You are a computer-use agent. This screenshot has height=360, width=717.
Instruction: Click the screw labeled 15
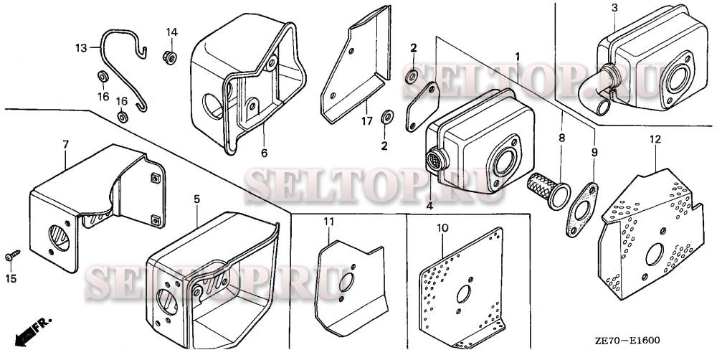coord(13,256)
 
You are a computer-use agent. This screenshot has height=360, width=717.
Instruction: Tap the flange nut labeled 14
coord(170,57)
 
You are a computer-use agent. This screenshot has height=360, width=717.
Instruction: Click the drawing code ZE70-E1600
coord(627,341)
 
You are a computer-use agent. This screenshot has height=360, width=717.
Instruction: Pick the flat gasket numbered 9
coord(581,210)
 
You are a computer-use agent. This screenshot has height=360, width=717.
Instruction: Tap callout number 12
coord(655,140)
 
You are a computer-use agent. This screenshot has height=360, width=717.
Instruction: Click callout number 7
coord(65,145)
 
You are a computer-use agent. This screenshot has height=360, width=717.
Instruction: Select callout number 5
coord(196,199)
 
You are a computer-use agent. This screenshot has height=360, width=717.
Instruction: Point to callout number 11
coord(329,222)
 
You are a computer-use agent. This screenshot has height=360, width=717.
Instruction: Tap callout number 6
coord(264,153)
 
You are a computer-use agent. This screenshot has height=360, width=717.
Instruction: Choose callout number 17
coord(367,122)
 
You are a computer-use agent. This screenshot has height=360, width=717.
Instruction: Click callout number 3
coord(614,8)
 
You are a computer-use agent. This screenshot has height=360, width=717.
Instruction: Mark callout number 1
coord(518,57)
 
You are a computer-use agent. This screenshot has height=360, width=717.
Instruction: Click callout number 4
coord(429,206)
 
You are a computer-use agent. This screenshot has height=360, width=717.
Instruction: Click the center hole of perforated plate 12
coord(655,255)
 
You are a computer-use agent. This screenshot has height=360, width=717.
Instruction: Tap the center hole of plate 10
coord(464,294)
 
